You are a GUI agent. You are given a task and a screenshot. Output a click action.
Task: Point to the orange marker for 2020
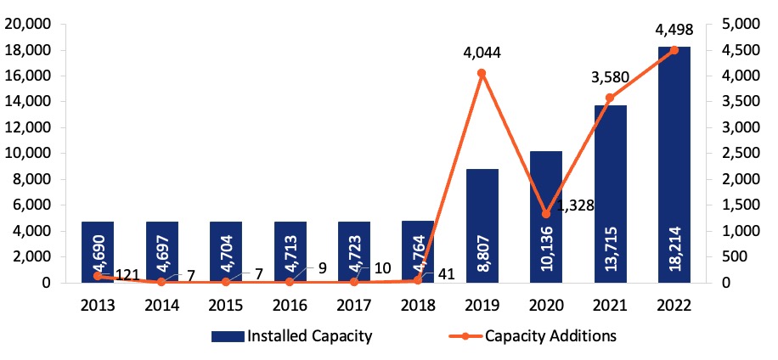click(546, 213)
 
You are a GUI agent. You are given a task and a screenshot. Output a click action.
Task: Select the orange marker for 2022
click(674, 50)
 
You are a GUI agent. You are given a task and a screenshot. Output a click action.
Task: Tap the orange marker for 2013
click(98, 276)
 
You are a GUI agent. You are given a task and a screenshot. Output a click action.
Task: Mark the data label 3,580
click(609, 77)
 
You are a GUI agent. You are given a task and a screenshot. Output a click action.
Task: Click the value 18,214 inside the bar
click(674, 252)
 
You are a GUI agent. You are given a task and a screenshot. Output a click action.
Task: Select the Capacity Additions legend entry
click(534, 335)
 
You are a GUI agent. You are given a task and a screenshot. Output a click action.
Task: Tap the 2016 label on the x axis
click(290, 303)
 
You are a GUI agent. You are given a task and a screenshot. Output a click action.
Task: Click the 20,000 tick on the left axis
click(28, 25)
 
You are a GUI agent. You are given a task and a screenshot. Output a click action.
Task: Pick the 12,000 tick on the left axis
click(28, 128)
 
